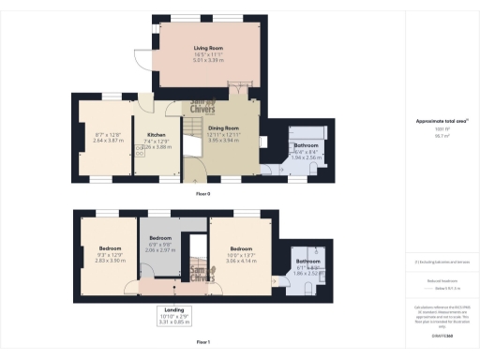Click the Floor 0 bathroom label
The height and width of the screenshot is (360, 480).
point(307,146)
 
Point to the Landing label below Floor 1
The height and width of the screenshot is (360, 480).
point(174,308)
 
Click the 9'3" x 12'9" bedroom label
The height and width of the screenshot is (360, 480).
point(111,248)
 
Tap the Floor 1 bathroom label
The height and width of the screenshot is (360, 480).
point(308,261)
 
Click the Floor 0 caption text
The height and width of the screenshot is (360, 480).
point(202,194)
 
